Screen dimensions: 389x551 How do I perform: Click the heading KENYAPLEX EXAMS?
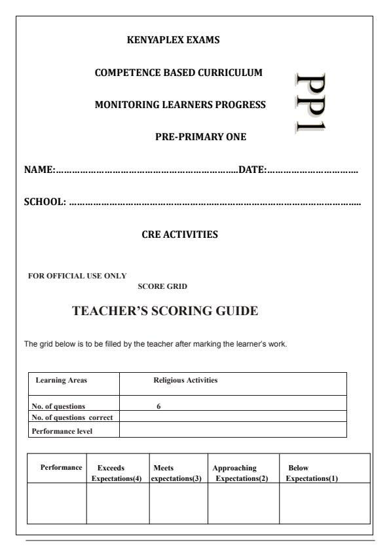pos(174,40)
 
